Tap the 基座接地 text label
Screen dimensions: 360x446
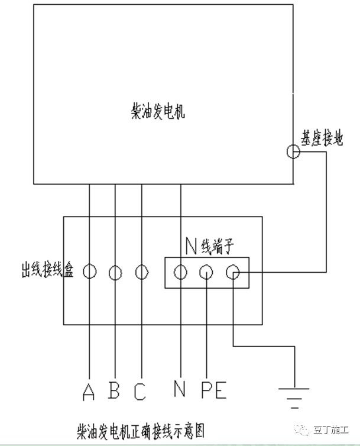pyautogui.click(x=322, y=138)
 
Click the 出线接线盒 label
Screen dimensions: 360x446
pyautogui.click(x=47, y=269)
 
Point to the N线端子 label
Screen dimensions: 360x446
pyautogui.click(x=210, y=246)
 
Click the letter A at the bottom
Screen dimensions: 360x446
pyautogui.click(x=89, y=392)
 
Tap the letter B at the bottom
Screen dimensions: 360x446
pyautogui.click(x=114, y=390)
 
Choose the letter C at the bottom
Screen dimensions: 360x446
pyautogui.click(x=140, y=392)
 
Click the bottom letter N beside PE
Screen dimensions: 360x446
pyautogui.click(x=180, y=388)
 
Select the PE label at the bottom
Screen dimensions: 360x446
pyautogui.click(x=214, y=390)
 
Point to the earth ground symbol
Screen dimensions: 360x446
pyautogui.click(x=294, y=398)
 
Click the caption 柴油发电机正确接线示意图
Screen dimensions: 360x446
pyautogui.click(x=141, y=432)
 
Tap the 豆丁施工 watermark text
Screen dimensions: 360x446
pyautogui.click(x=331, y=430)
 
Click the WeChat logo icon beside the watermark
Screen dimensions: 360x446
pyautogui.click(x=302, y=430)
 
